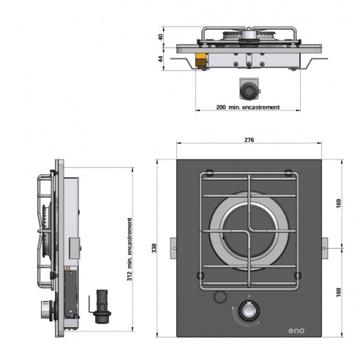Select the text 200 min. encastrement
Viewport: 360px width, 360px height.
pos(249,107)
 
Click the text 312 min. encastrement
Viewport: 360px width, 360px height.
pos(130,249)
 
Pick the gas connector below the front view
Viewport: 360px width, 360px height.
pos(250,89)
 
